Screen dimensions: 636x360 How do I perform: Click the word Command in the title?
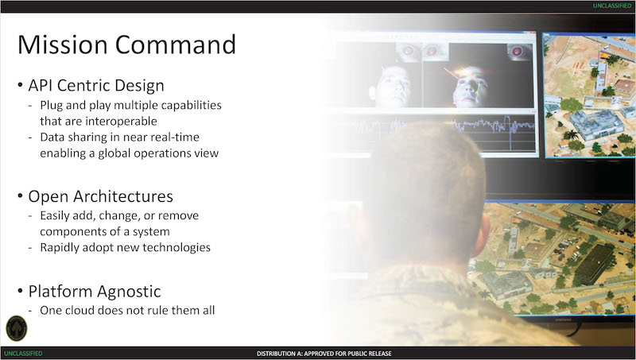(x=176, y=45)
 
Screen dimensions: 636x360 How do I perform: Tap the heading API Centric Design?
(x=96, y=86)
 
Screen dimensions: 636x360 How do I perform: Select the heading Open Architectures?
(x=101, y=196)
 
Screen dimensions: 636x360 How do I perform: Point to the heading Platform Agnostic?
(x=95, y=292)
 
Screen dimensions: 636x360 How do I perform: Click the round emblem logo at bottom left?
(x=17, y=328)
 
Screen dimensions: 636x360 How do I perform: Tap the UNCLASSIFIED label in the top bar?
(x=612, y=6)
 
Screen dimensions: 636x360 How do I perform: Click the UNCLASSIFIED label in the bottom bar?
(x=23, y=354)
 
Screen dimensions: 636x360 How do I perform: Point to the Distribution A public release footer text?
(x=324, y=354)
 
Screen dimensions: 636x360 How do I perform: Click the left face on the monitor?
(x=391, y=86)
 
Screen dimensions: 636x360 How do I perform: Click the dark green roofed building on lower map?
(x=595, y=264)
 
